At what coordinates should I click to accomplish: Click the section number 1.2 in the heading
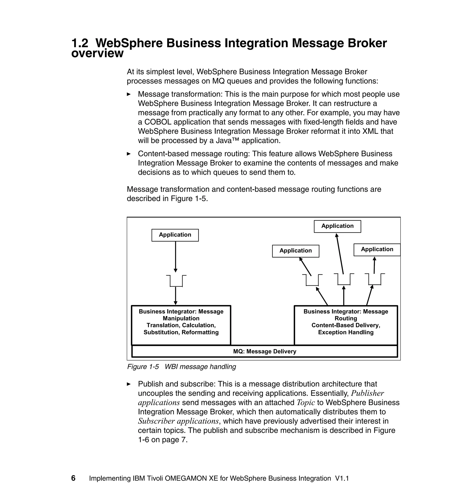(x=80, y=43)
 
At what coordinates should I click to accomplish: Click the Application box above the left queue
(x=175, y=235)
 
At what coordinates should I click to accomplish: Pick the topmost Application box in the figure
(x=337, y=226)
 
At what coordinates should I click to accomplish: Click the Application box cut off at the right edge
(x=377, y=250)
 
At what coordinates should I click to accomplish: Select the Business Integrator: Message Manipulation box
(x=181, y=325)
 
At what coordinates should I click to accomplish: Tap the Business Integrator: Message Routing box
(x=346, y=325)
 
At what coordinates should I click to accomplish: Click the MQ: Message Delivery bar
(x=264, y=351)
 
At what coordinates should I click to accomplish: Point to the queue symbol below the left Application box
(x=176, y=281)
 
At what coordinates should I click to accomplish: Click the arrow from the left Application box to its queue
(x=176, y=256)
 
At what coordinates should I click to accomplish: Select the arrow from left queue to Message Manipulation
(x=176, y=296)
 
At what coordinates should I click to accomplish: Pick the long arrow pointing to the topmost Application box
(x=340, y=254)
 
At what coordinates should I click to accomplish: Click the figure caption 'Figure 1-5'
(x=143, y=367)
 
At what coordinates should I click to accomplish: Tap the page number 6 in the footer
(x=73, y=478)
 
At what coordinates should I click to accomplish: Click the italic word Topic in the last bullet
(x=306, y=403)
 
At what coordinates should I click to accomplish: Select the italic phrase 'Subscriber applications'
(x=178, y=421)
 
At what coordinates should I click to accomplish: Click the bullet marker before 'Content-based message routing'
(x=129, y=154)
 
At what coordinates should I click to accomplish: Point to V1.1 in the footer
(x=342, y=478)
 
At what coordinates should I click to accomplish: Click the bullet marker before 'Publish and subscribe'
(x=129, y=384)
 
